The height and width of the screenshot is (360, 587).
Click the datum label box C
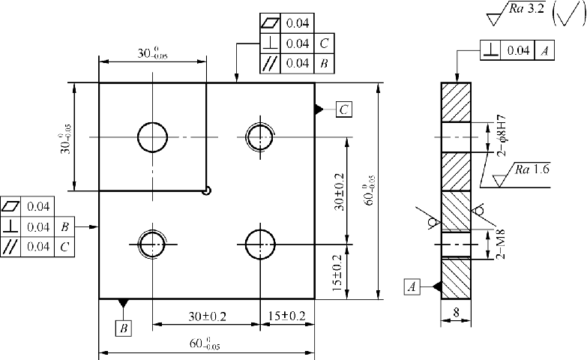point(343,109)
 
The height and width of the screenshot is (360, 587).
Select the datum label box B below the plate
point(124,328)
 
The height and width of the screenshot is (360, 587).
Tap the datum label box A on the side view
point(412,286)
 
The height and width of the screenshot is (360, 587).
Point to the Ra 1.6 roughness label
point(532,169)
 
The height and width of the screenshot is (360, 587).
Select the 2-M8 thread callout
point(501,244)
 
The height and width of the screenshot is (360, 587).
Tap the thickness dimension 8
point(456,313)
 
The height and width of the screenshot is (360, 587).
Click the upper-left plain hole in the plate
point(152,137)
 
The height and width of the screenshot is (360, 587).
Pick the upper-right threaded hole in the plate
point(261,137)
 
